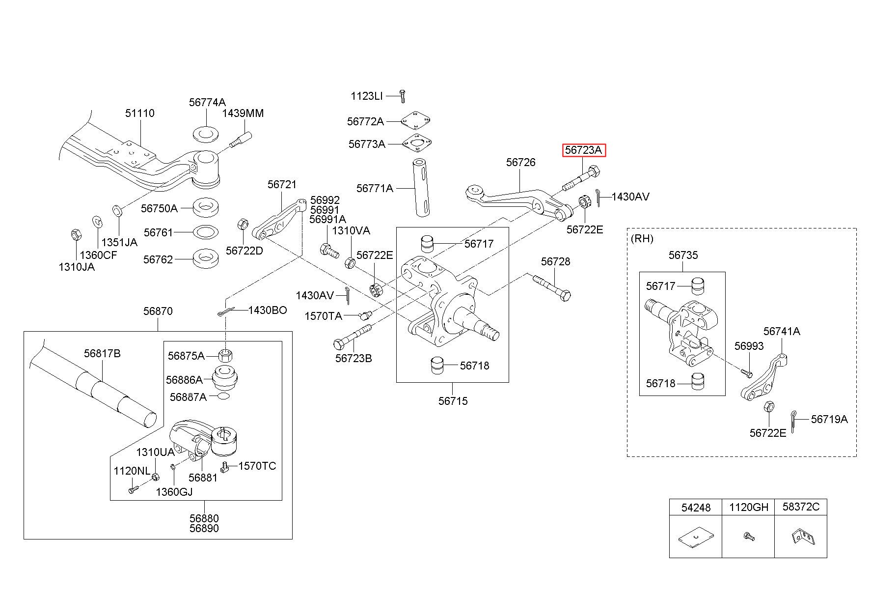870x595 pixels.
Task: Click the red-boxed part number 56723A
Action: point(584,150)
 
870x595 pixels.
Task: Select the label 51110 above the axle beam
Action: point(139,113)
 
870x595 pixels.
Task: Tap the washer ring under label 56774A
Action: point(206,133)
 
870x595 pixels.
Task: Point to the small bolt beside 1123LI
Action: point(402,96)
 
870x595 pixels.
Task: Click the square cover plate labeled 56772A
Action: point(416,121)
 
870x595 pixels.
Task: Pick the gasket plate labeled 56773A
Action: point(417,144)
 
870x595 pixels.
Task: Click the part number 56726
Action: point(520,162)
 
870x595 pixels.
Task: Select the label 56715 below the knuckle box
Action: point(453,401)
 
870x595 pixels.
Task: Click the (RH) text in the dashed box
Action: point(642,239)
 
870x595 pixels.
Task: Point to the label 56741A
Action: point(781,332)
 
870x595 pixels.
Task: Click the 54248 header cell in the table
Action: point(696,508)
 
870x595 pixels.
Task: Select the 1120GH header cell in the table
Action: point(748,508)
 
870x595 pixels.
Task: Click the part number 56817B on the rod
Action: point(102,353)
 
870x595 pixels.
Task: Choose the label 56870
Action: point(158,311)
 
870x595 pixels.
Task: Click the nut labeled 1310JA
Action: point(76,235)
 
